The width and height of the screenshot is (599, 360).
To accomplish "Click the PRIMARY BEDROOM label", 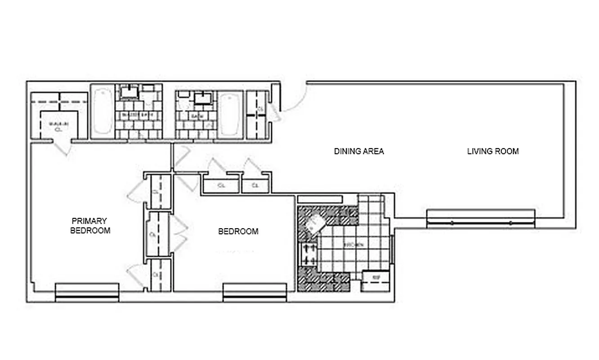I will pos(90,226).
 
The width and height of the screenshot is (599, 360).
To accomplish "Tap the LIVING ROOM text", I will pos(493,151).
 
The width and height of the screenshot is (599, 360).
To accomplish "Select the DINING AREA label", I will pos(359,151).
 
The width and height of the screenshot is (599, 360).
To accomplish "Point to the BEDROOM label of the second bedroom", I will pos(238,232).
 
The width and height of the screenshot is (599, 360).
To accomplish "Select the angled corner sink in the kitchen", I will pos(315,223).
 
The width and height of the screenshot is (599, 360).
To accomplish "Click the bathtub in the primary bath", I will pos(103,111).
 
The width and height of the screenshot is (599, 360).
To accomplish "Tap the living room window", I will pos(480,219).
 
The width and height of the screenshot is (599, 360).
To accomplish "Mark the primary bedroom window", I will pos(87,292).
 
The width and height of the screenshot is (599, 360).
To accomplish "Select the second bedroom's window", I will pos(255,292).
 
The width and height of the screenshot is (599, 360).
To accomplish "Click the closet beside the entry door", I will pos(258,115).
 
